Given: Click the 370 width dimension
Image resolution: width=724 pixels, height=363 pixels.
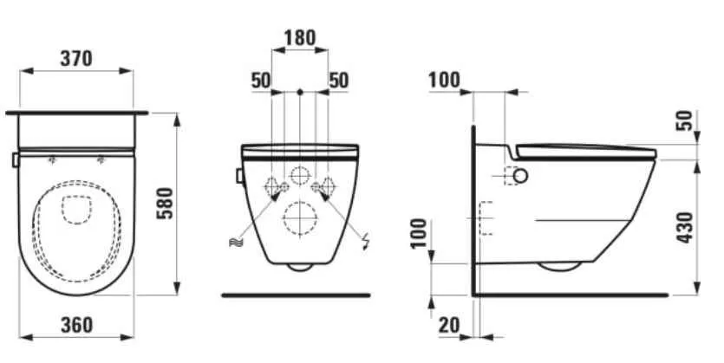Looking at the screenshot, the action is (76, 59).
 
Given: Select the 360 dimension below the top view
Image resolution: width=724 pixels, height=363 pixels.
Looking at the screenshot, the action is (76, 325).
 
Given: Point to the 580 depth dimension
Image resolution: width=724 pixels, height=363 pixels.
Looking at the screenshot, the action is (166, 204).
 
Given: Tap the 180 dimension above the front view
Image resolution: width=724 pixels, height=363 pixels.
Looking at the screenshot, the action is (300, 38).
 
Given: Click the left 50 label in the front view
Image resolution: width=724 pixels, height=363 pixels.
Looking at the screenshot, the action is (261, 81).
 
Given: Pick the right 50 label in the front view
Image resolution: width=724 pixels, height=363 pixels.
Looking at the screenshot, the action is (338, 81).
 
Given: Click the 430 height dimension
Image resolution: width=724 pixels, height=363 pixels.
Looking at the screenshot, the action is (685, 227).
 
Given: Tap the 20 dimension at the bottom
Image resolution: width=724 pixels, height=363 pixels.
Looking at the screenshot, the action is (449, 325).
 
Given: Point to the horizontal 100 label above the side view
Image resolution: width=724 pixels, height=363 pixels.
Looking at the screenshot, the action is (444, 81).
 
